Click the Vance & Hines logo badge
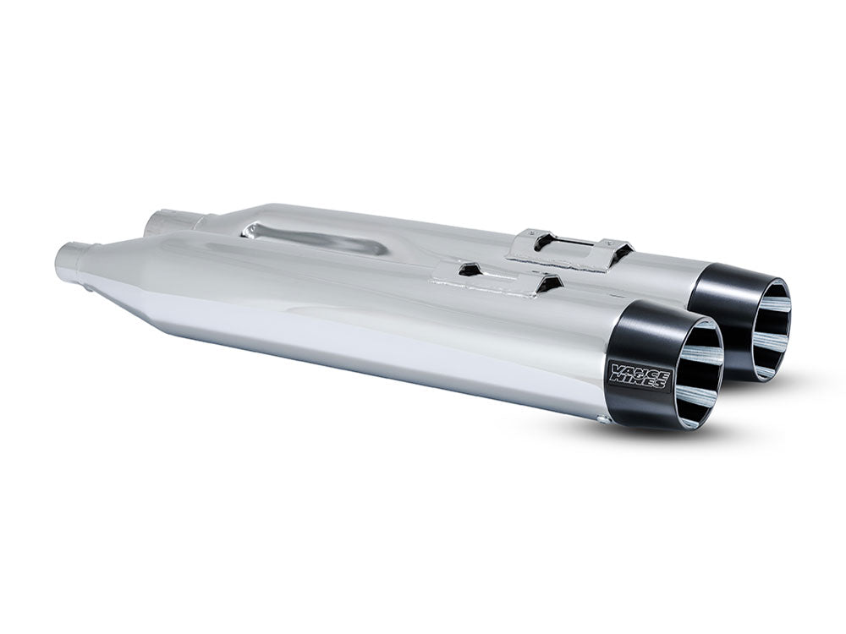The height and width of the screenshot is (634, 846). pos(639,375)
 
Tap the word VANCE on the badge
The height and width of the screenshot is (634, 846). pos(638,369)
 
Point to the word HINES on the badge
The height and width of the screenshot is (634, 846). pos(640,383)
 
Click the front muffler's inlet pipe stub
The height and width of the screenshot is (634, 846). pos(69,257)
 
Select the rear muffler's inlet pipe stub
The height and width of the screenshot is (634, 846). pos(158,223)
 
